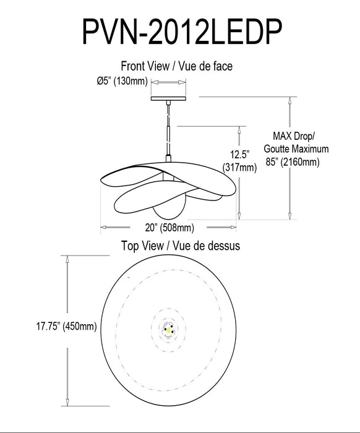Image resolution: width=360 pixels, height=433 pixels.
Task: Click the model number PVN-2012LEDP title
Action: point(180,31)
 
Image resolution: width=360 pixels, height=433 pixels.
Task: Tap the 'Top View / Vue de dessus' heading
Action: point(180,245)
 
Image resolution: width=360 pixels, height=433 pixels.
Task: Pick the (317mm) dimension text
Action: point(239,167)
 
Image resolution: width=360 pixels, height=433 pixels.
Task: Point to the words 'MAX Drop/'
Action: point(294,135)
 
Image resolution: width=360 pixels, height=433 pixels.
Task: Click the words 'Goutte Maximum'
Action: point(296,149)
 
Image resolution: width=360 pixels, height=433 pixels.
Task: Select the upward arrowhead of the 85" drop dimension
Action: point(288,101)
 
